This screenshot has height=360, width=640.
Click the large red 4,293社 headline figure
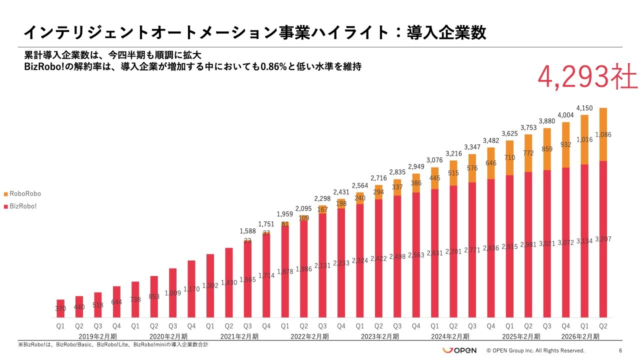(587, 77)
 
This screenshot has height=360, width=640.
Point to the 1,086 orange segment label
(603, 134)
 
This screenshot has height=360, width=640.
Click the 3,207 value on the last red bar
(603, 239)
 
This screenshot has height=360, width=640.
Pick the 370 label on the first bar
(60, 309)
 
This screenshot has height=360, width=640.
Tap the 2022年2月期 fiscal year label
(309, 336)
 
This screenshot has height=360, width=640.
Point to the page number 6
(620, 350)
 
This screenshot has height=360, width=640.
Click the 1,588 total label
(247, 231)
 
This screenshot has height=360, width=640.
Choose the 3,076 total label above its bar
(435, 160)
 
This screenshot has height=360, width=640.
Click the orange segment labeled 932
(565, 144)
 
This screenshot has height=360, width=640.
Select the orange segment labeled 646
(491, 163)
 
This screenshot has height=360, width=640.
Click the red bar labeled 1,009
(172, 292)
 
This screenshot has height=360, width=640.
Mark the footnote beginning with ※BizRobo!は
(113, 345)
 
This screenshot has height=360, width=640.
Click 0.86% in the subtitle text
(273, 66)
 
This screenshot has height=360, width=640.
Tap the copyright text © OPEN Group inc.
(535, 350)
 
